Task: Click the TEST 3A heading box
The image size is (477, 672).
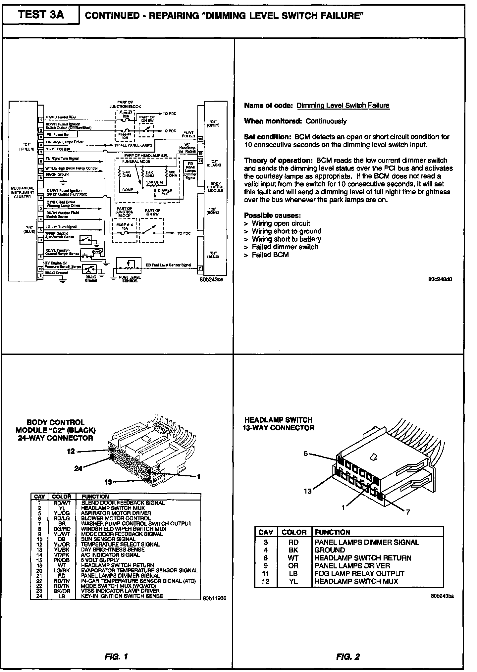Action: [41, 15]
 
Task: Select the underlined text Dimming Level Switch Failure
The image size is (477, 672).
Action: [343, 106]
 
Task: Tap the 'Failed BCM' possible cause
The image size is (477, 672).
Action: [270, 255]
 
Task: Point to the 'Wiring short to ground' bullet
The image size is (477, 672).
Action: [286, 231]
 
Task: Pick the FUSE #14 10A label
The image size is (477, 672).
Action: [125, 226]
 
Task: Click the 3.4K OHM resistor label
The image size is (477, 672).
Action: [127, 174]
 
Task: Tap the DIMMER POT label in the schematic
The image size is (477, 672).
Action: [165, 192]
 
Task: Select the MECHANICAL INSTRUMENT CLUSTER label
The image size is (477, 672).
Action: [23, 192]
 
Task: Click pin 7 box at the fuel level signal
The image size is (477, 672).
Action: [200, 268]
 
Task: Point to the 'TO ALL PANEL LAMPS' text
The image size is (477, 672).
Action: [133, 145]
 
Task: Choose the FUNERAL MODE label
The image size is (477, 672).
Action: [136, 162]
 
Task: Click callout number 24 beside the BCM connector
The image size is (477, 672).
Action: [78, 469]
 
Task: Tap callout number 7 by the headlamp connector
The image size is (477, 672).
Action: [408, 512]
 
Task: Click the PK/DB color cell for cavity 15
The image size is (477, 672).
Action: [62, 560]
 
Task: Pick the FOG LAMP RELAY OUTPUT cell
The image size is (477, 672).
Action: [359, 573]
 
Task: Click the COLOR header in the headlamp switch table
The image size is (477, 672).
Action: [294, 532]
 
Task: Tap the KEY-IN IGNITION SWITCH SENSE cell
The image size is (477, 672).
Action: [122, 596]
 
